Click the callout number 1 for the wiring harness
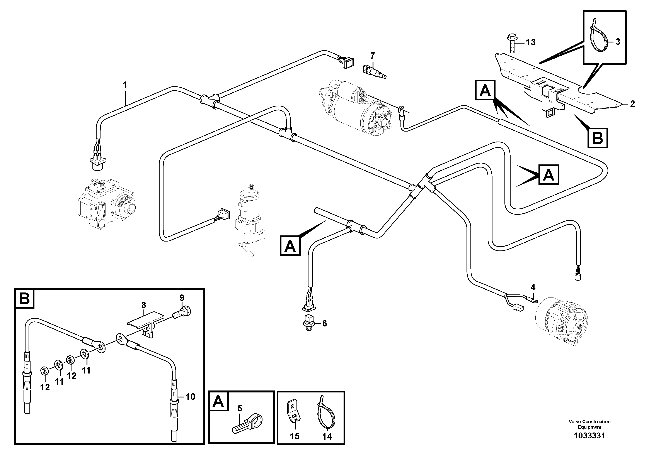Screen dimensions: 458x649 tap(125, 85)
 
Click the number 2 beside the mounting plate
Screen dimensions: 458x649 tap(632, 104)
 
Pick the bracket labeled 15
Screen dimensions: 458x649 tap(294, 415)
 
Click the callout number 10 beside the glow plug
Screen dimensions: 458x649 tap(190, 397)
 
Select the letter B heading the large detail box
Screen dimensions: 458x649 tap(24, 298)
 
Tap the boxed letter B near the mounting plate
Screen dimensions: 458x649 tap(598, 138)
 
